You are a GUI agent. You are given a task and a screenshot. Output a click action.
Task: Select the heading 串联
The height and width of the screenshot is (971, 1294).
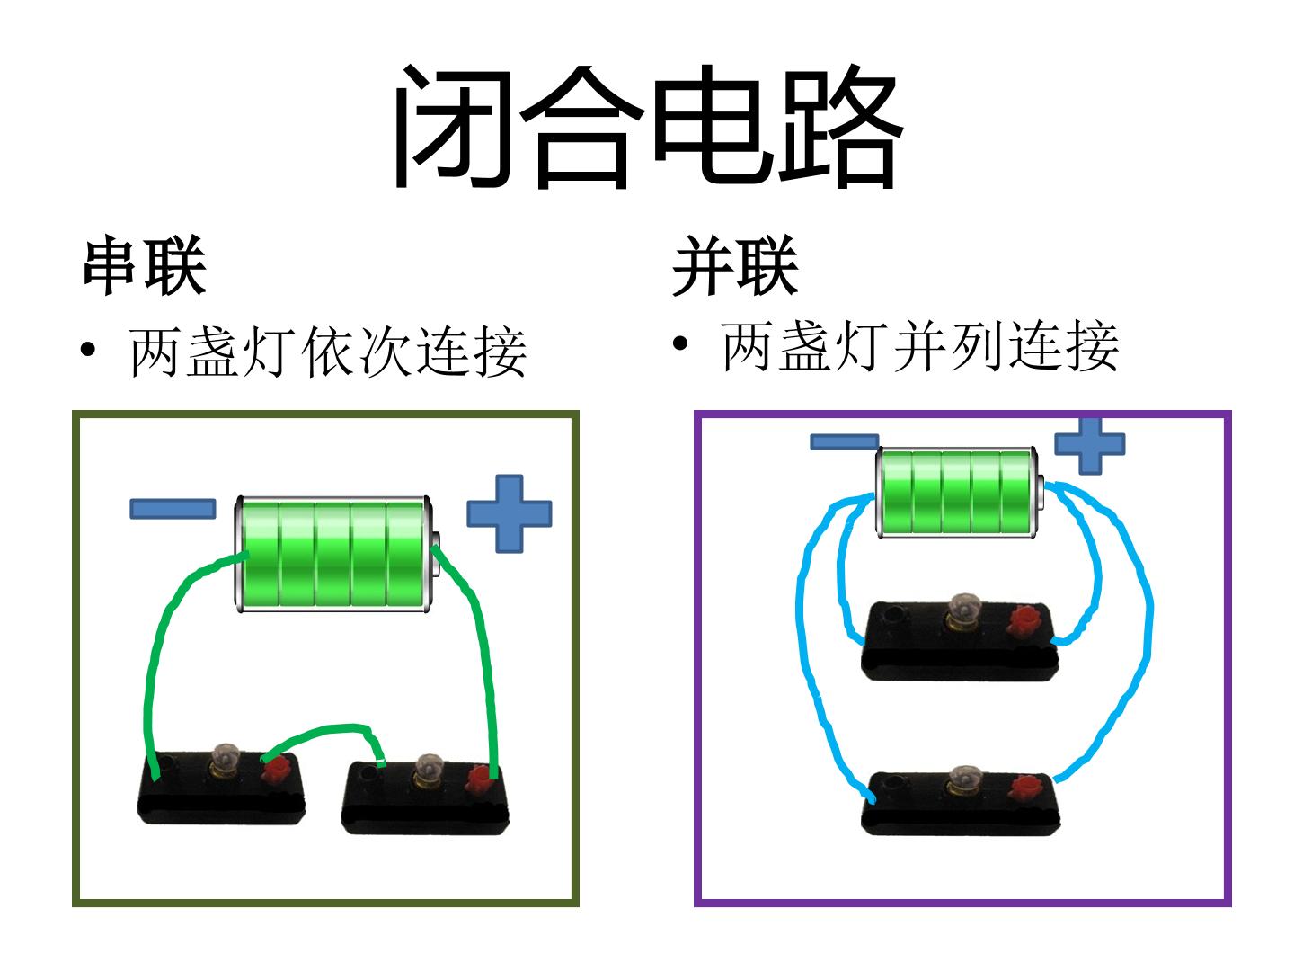click(x=145, y=265)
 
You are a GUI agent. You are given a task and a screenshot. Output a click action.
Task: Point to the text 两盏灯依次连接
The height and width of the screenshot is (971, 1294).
click(x=328, y=352)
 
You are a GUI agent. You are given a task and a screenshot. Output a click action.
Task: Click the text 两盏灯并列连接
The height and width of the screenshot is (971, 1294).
click(x=919, y=347)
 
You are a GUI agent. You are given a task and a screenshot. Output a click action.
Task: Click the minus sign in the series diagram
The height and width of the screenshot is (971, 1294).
click(x=173, y=509)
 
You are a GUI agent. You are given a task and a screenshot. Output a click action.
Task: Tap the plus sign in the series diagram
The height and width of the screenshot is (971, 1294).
click(x=510, y=513)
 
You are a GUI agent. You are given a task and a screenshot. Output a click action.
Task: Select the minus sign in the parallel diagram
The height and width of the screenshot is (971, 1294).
click(x=844, y=442)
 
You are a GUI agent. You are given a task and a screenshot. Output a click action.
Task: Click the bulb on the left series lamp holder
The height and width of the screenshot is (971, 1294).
click(x=224, y=758)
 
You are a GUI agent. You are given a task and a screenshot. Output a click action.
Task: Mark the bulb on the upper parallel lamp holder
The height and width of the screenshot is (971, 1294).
click(x=962, y=610)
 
